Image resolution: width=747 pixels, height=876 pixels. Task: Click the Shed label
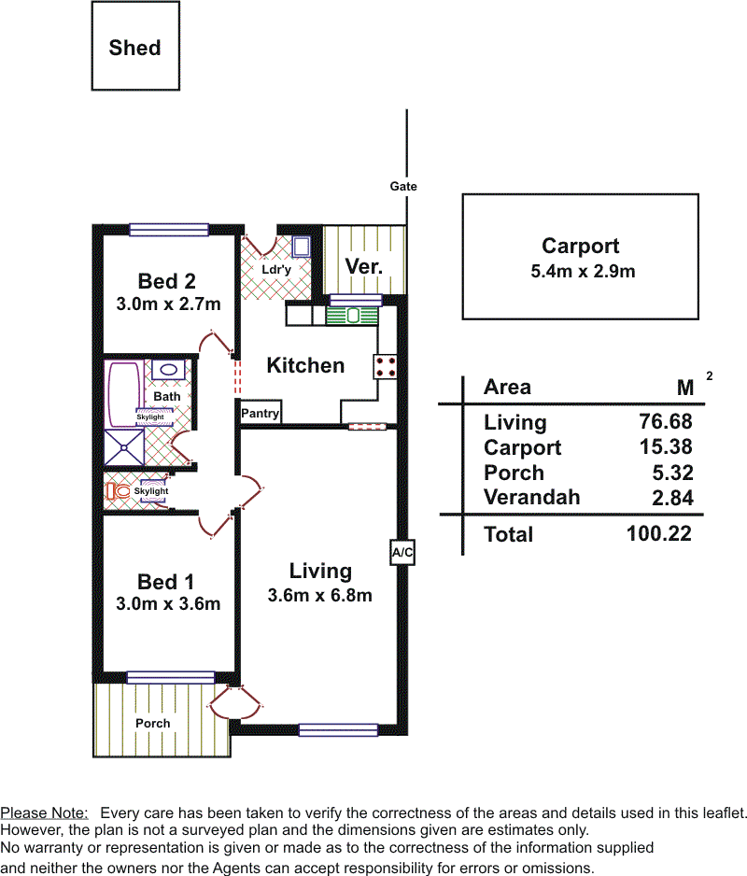[x=134, y=48]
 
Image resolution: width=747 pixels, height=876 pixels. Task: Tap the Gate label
[x=403, y=186]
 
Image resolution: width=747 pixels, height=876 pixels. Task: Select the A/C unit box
[x=402, y=553]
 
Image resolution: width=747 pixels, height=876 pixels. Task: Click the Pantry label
[x=260, y=414]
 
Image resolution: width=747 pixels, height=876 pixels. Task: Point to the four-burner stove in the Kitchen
[x=385, y=366]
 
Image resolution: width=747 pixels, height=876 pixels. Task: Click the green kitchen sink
[x=352, y=316]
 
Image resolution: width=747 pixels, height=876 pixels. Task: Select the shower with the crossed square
[x=124, y=447]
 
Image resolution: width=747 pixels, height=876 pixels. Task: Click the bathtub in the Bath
[x=123, y=394]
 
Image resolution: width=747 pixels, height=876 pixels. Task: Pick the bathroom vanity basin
[x=168, y=369]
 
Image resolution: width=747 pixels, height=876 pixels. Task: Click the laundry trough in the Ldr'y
[x=302, y=247]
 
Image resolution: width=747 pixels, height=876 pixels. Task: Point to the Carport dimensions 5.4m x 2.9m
[x=583, y=272]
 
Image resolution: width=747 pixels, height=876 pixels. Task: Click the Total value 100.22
[x=659, y=533]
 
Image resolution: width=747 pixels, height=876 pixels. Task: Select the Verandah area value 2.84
[x=672, y=498]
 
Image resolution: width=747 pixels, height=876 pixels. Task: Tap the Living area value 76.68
[x=666, y=421]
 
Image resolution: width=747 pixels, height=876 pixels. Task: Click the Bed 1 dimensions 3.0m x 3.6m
[x=168, y=604]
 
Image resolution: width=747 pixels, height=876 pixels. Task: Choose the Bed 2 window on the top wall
[x=169, y=229]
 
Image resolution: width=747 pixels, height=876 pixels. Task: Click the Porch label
[x=152, y=724]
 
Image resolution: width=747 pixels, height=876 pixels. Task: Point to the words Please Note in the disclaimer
[x=44, y=812]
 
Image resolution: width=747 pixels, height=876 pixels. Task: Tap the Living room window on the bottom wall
[x=339, y=729]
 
